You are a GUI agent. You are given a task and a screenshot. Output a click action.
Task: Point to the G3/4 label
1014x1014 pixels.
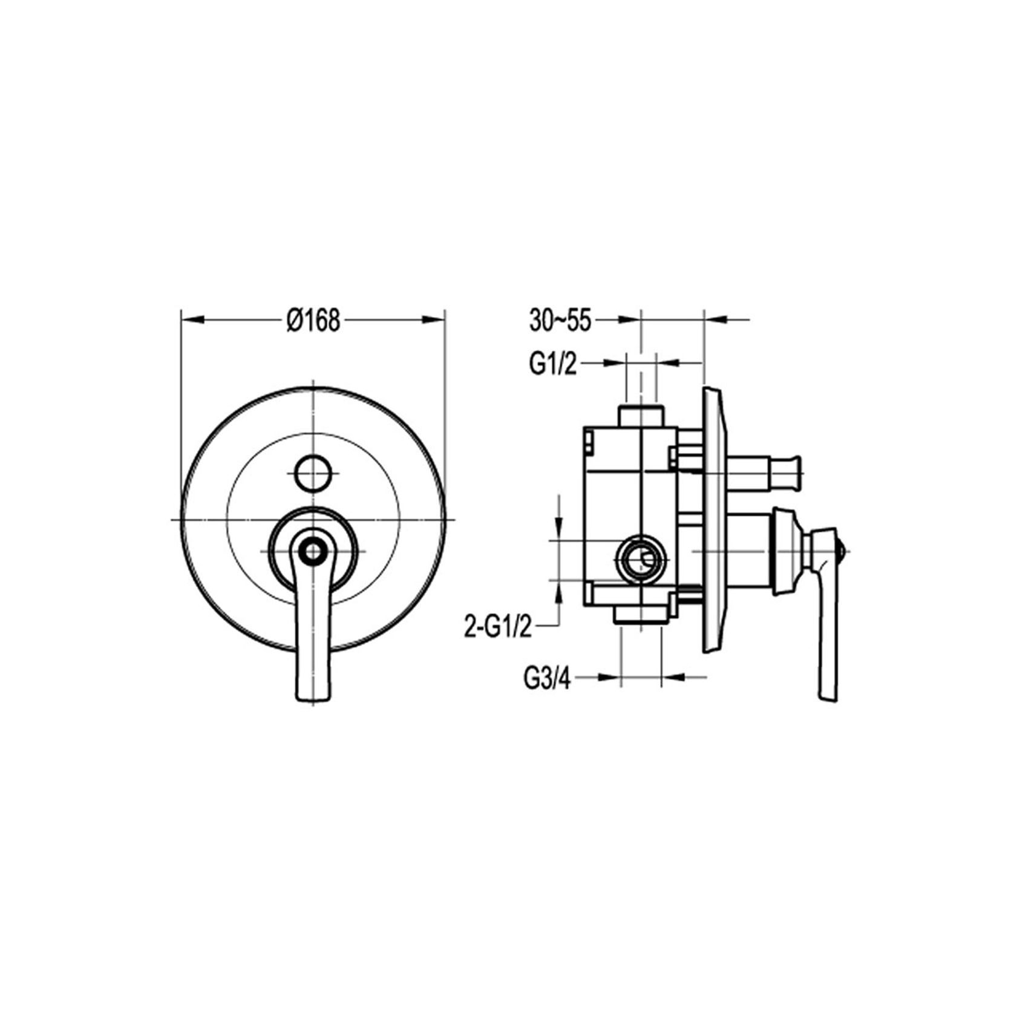click(547, 679)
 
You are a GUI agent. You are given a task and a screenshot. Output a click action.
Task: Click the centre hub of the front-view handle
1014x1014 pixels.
click(313, 550)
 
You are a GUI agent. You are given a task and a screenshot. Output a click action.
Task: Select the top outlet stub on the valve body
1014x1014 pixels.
click(641, 416)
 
